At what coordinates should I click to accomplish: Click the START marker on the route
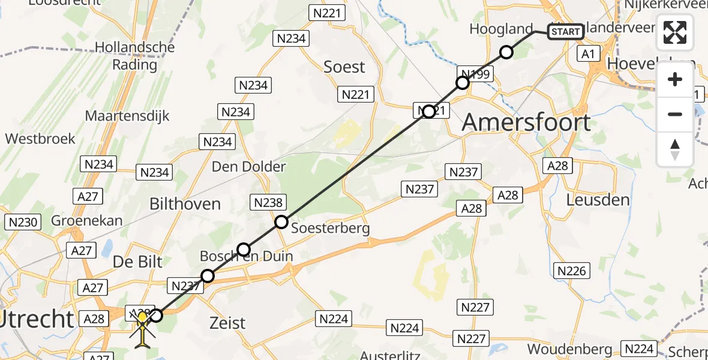coord(565,32)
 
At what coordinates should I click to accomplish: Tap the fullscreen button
coord(675,32)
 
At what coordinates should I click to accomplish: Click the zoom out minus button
coord(675,114)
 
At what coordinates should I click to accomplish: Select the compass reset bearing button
coord(675,149)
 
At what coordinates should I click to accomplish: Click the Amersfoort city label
coord(526,122)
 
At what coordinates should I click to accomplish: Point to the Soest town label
coord(344,67)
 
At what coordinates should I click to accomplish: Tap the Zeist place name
coord(228,323)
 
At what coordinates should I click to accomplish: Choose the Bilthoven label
coord(185,204)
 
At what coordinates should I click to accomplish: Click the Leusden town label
coord(598,200)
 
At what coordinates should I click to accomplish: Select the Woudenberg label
coord(570,349)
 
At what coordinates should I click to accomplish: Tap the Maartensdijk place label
coord(127,116)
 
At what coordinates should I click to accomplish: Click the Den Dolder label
coord(248,167)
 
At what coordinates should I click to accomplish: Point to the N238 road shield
coord(268,203)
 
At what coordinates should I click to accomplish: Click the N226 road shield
coord(571,271)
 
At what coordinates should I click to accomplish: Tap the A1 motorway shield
coord(588,55)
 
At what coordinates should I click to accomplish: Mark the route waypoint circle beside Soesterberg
coord(281,223)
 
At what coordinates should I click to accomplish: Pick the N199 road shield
coord(475,74)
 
